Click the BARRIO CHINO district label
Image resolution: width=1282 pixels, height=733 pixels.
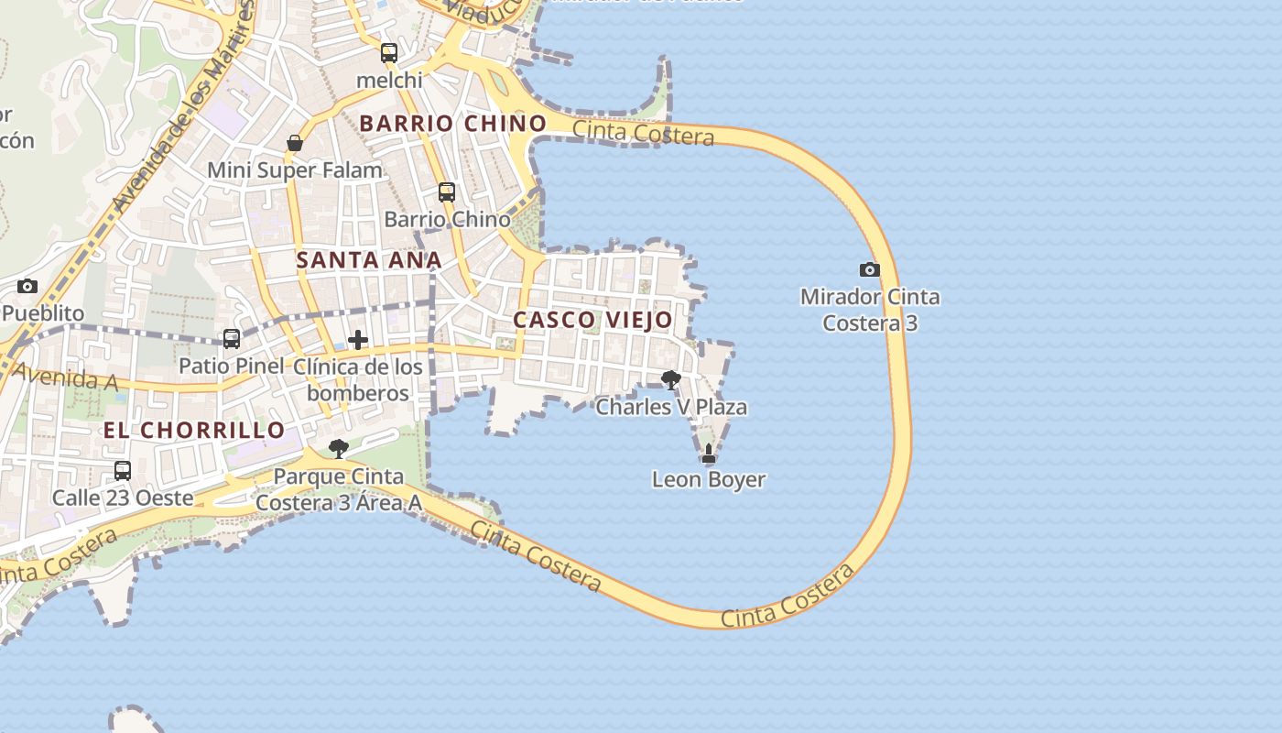[452, 123]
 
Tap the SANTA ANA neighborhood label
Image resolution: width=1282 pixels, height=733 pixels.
[368, 260]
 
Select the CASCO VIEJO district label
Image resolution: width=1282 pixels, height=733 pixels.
[592, 320]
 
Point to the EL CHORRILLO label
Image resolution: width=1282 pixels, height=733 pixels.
[194, 430]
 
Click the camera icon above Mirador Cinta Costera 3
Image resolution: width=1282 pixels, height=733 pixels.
[869, 269]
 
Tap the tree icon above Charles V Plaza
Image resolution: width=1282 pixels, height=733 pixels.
[671, 379]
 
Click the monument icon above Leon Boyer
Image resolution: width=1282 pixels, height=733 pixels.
[708, 453]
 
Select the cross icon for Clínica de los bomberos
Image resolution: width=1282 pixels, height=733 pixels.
[358, 340]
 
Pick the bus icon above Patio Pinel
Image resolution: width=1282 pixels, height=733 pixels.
[232, 339]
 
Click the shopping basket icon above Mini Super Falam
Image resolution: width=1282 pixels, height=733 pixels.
[295, 143]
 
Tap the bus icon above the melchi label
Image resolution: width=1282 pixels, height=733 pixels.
[389, 53]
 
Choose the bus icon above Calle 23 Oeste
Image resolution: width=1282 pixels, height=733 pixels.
[123, 471]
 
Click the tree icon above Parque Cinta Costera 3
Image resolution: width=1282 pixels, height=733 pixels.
[339, 449]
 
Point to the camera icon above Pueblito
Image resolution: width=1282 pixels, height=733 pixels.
[27, 286]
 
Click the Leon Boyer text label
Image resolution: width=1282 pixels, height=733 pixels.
[709, 479]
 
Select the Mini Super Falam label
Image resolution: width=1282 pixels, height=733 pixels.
[295, 170]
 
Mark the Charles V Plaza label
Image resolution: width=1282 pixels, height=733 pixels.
[671, 407]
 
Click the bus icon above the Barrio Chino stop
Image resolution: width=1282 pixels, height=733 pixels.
[447, 192]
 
